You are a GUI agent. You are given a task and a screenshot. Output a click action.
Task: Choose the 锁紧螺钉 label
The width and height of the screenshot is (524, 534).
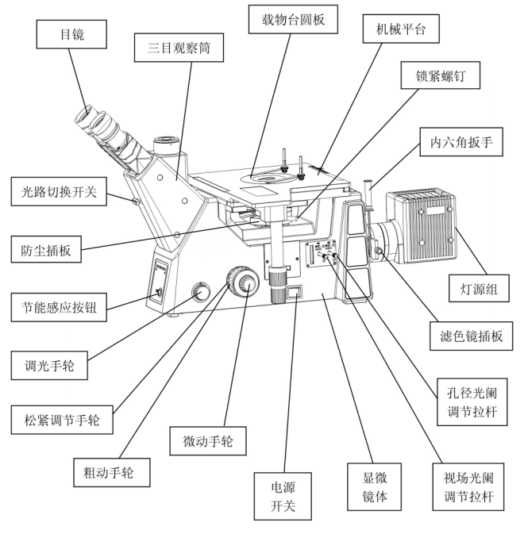tap(435, 77)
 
